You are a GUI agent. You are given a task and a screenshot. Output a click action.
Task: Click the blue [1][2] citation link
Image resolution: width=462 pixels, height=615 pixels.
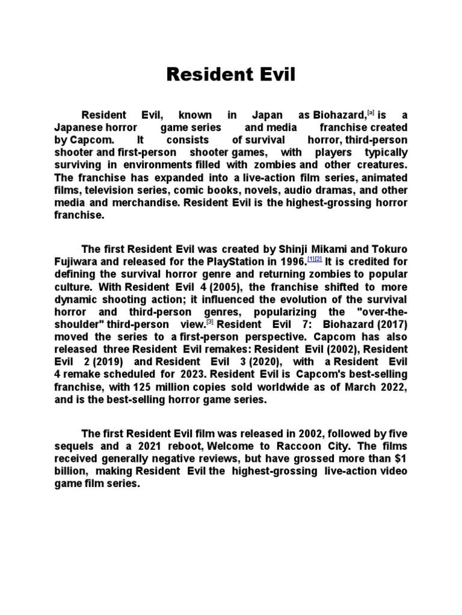click(315, 259)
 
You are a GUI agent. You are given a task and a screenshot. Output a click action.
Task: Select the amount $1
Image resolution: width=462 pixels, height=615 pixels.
click(400, 459)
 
